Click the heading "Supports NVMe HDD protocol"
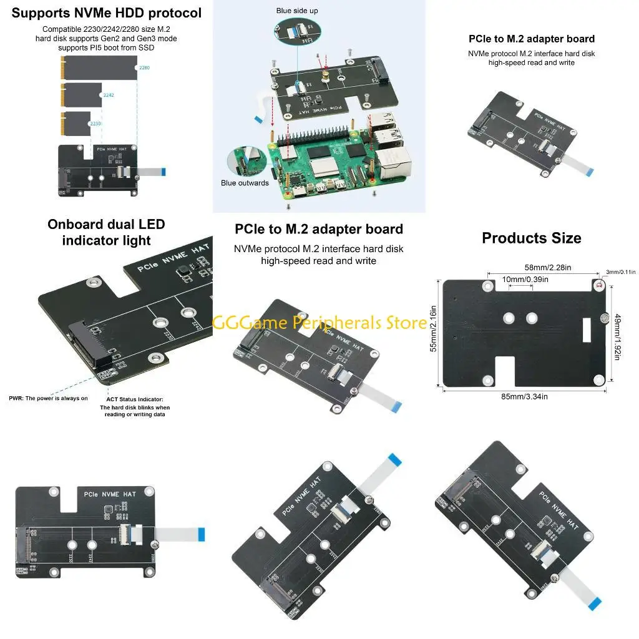pos(107,12)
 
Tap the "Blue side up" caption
pos(297,11)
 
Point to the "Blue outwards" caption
pos(245,183)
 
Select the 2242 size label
pos(109,95)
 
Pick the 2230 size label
pos(95,124)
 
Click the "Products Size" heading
pos(531,238)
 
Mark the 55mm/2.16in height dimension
pos(434,328)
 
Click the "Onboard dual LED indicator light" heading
pos(106,232)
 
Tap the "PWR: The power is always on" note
pos(49,398)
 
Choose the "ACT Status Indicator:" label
pos(135,399)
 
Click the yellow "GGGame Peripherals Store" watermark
pos(319,323)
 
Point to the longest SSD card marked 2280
pos(100,66)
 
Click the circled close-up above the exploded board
pos(297,36)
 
